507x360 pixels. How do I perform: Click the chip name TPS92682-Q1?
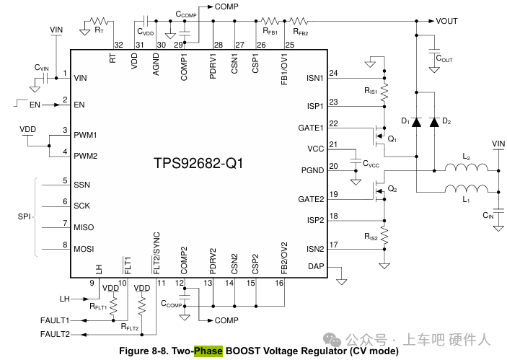click(x=198, y=163)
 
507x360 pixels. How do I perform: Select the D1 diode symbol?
click(x=416, y=122)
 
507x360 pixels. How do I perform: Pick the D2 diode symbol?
click(x=434, y=122)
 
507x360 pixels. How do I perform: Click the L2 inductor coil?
click(x=467, y=170)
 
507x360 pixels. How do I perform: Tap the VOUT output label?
click(x=446, y=21)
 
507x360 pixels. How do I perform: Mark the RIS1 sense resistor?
click(x=384, y=91)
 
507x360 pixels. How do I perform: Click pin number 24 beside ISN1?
click(x=333, y=74)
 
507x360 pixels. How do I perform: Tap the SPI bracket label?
click(x=23, y=216)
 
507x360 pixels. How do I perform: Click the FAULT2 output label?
click(x=55, y=334)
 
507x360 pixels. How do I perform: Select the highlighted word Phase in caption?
click(x=208, y=351)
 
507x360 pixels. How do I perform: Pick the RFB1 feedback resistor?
click(x=270, y=22)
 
